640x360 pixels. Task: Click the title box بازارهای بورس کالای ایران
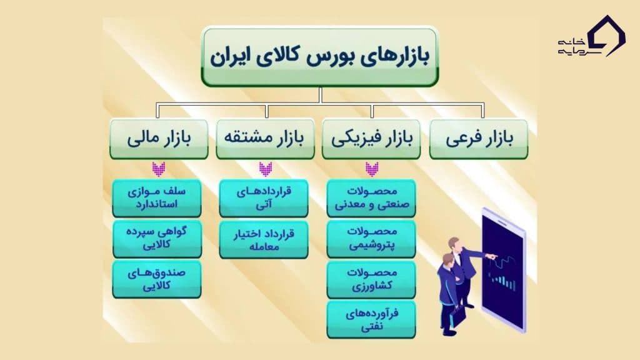coord(319,56)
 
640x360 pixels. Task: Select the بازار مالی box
coord(159,139)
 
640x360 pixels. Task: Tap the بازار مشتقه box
coord(266,139)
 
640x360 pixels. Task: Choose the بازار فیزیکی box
coord(371,139)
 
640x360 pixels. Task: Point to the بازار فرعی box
coord(479,139)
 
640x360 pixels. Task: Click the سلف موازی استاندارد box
coord(157,198)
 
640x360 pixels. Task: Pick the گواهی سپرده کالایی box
coord(157,238)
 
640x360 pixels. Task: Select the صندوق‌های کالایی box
coord(157,278)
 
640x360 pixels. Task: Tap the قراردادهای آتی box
coord(264,198)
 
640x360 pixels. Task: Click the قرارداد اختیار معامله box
coord(264,238)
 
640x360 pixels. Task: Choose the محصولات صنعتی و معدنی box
coord(371,198)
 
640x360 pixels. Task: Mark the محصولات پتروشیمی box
coord(371,238)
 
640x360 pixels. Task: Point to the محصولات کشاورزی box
coord(371,278)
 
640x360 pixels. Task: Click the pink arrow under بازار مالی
coord(159,169)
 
